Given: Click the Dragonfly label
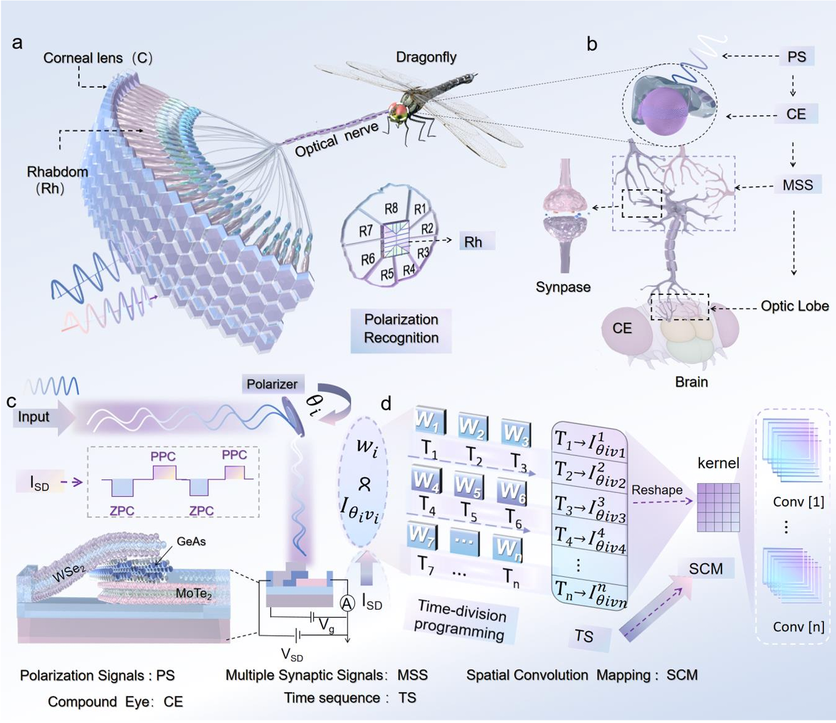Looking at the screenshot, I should click(426, 58).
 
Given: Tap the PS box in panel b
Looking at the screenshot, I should click(797, 57).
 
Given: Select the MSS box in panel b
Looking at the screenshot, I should click(797, 185).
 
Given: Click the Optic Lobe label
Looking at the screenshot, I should click(794, 306).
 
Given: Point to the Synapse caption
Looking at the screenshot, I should click(563, 287).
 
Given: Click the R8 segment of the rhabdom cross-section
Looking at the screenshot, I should click(391, 209).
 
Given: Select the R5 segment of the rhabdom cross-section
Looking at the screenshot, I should click(387, 273).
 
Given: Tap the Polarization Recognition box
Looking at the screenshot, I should click(401, 329).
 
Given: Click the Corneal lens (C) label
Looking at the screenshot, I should click(98, 58).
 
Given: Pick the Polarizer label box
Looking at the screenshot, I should click(272, 384).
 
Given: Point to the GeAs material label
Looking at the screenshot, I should click(191, 541).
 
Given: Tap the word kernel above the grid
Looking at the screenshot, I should click(718, 464).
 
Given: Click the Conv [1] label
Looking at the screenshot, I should click(798, 502).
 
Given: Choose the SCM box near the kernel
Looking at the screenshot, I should click(706, 569).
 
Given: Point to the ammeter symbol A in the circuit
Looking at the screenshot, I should click(347, 603).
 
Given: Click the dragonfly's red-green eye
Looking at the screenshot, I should click(398, 112).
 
